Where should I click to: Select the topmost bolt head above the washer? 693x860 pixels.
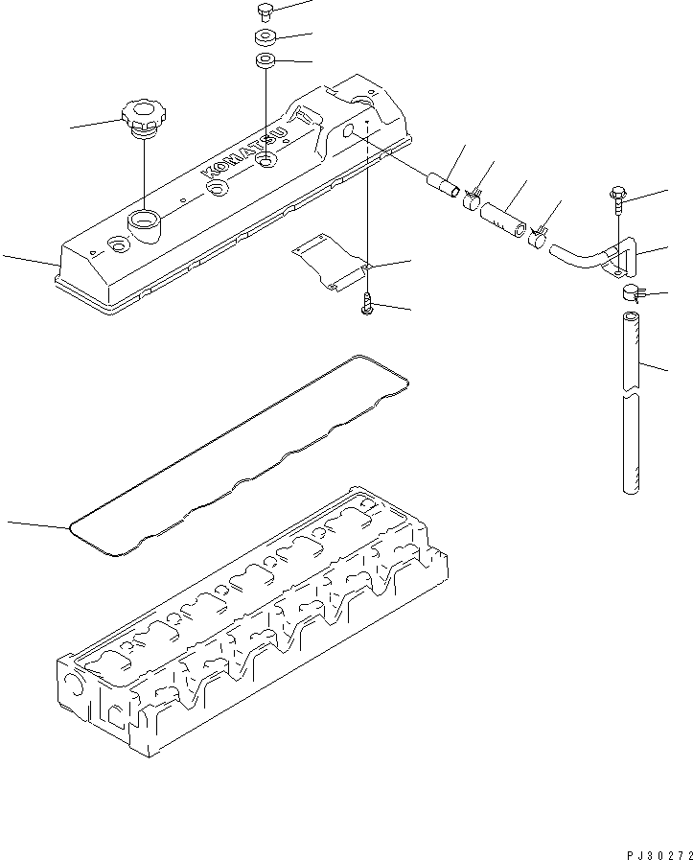266,12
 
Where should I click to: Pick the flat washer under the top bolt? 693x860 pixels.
266,38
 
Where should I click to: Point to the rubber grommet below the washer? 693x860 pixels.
266,62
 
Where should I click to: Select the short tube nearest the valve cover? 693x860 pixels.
443,181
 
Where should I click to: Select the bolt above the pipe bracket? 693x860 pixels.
615,199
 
